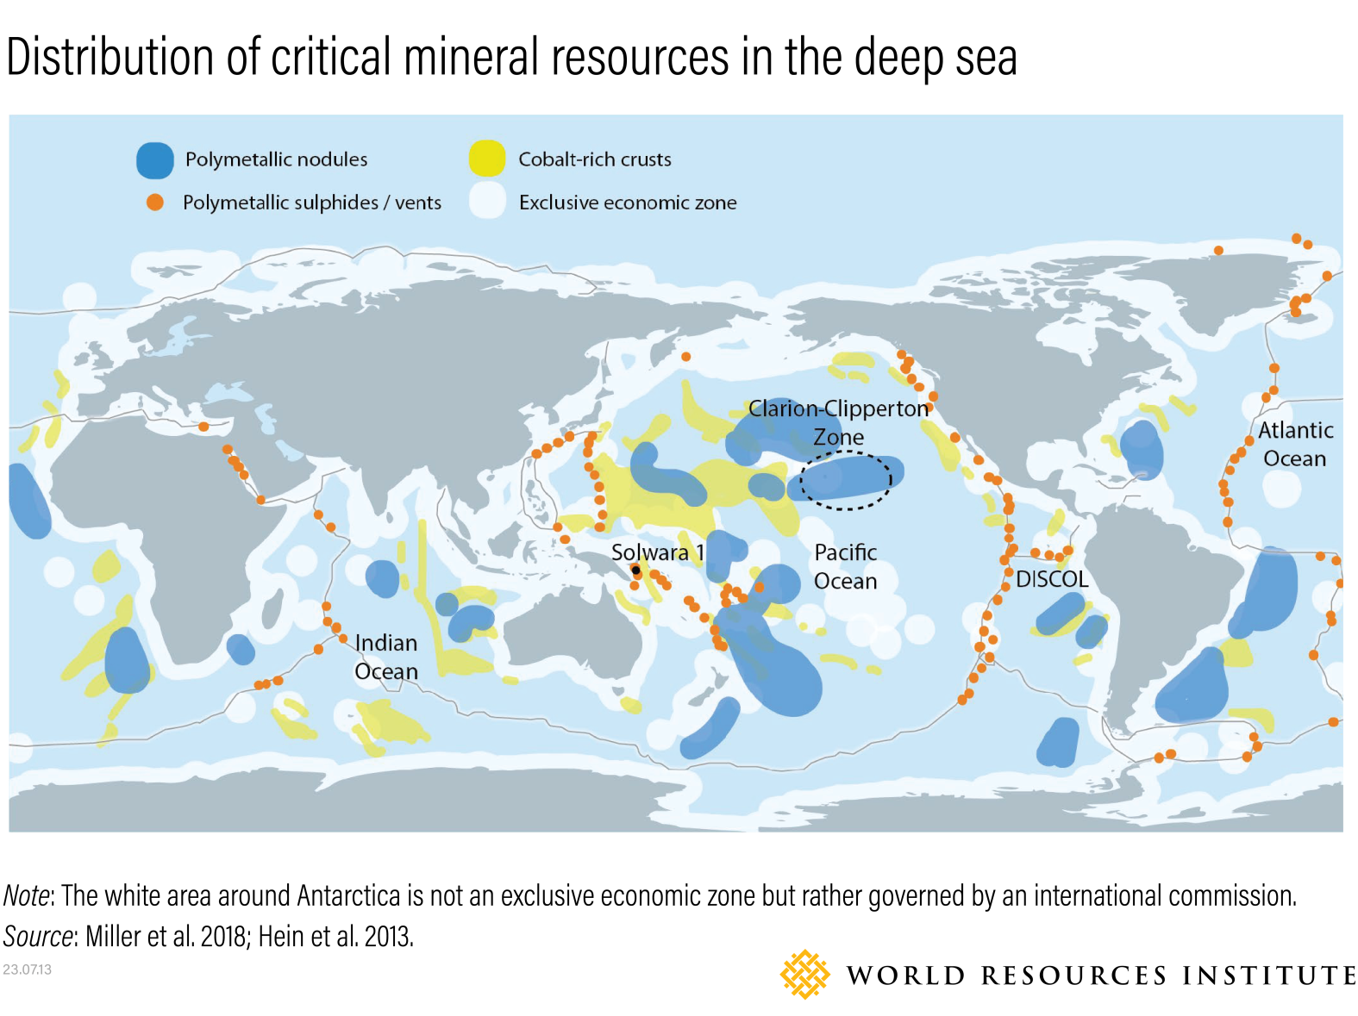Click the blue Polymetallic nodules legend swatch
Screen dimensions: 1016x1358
(155, 160)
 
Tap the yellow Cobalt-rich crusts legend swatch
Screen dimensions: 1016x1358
(487, 159)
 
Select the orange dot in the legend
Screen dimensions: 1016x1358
(155, 203)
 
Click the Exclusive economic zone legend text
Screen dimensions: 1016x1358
(628, 203)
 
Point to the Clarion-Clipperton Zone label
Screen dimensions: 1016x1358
(838, 422)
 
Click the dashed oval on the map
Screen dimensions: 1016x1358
(846, 480)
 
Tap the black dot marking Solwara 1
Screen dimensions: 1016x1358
(636, 570)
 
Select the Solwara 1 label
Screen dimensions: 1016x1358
(657, 552)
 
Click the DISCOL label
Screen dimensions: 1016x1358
(1052, 579)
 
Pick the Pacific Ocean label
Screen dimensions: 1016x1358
(845, 566)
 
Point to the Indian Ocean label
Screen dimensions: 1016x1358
(386, 657)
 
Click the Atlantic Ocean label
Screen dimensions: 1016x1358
(1295, 444)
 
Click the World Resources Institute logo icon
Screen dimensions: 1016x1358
(804, 975)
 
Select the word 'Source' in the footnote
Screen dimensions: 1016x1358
(38, 936)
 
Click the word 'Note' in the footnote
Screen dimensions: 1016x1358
(27, 896)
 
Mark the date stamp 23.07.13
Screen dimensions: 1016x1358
(27, 969)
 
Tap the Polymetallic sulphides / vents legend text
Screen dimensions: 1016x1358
(311, 203)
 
